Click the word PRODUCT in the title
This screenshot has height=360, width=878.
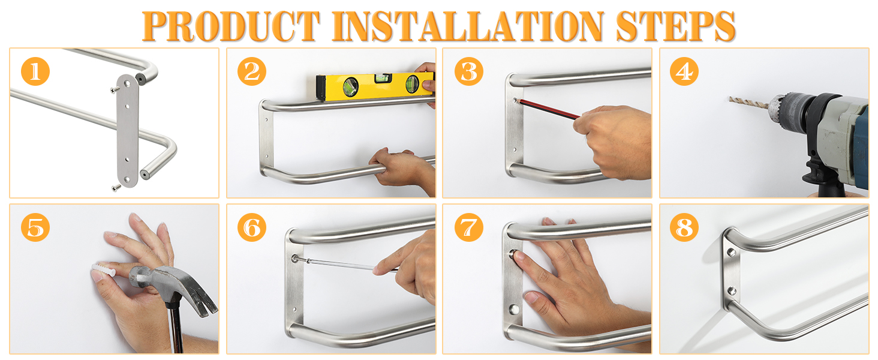point(230,26)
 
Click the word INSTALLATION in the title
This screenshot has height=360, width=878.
point(468,26)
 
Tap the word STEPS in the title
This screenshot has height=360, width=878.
point(675,26)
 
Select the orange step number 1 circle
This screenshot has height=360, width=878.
point(35,71)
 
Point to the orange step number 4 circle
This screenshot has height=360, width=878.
point(684,71)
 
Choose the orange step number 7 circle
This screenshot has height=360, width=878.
point(469,227)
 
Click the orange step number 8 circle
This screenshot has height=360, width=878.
point(684,227)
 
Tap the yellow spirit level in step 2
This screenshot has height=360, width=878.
point(375,86)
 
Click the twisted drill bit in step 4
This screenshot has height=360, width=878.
point(748,103)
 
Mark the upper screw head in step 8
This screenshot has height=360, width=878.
point(732,253)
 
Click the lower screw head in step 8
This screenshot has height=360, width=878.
point(732,291)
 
